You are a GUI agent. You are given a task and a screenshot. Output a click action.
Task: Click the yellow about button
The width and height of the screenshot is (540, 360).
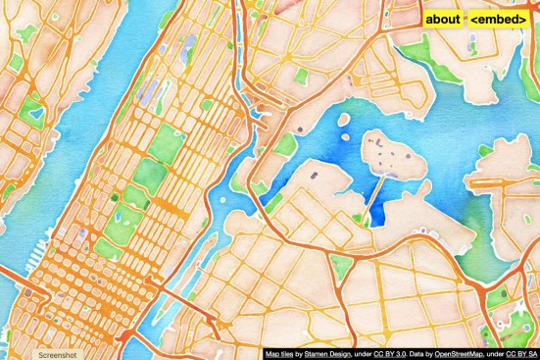pos(443,19)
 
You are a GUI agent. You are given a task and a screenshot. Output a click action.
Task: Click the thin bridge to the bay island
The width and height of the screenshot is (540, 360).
pos(374,196)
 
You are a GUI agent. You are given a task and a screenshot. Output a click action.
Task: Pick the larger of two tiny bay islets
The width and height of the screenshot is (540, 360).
pos(343,123)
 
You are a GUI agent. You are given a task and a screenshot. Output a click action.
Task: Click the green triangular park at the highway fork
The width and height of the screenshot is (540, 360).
pos(341,265)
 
